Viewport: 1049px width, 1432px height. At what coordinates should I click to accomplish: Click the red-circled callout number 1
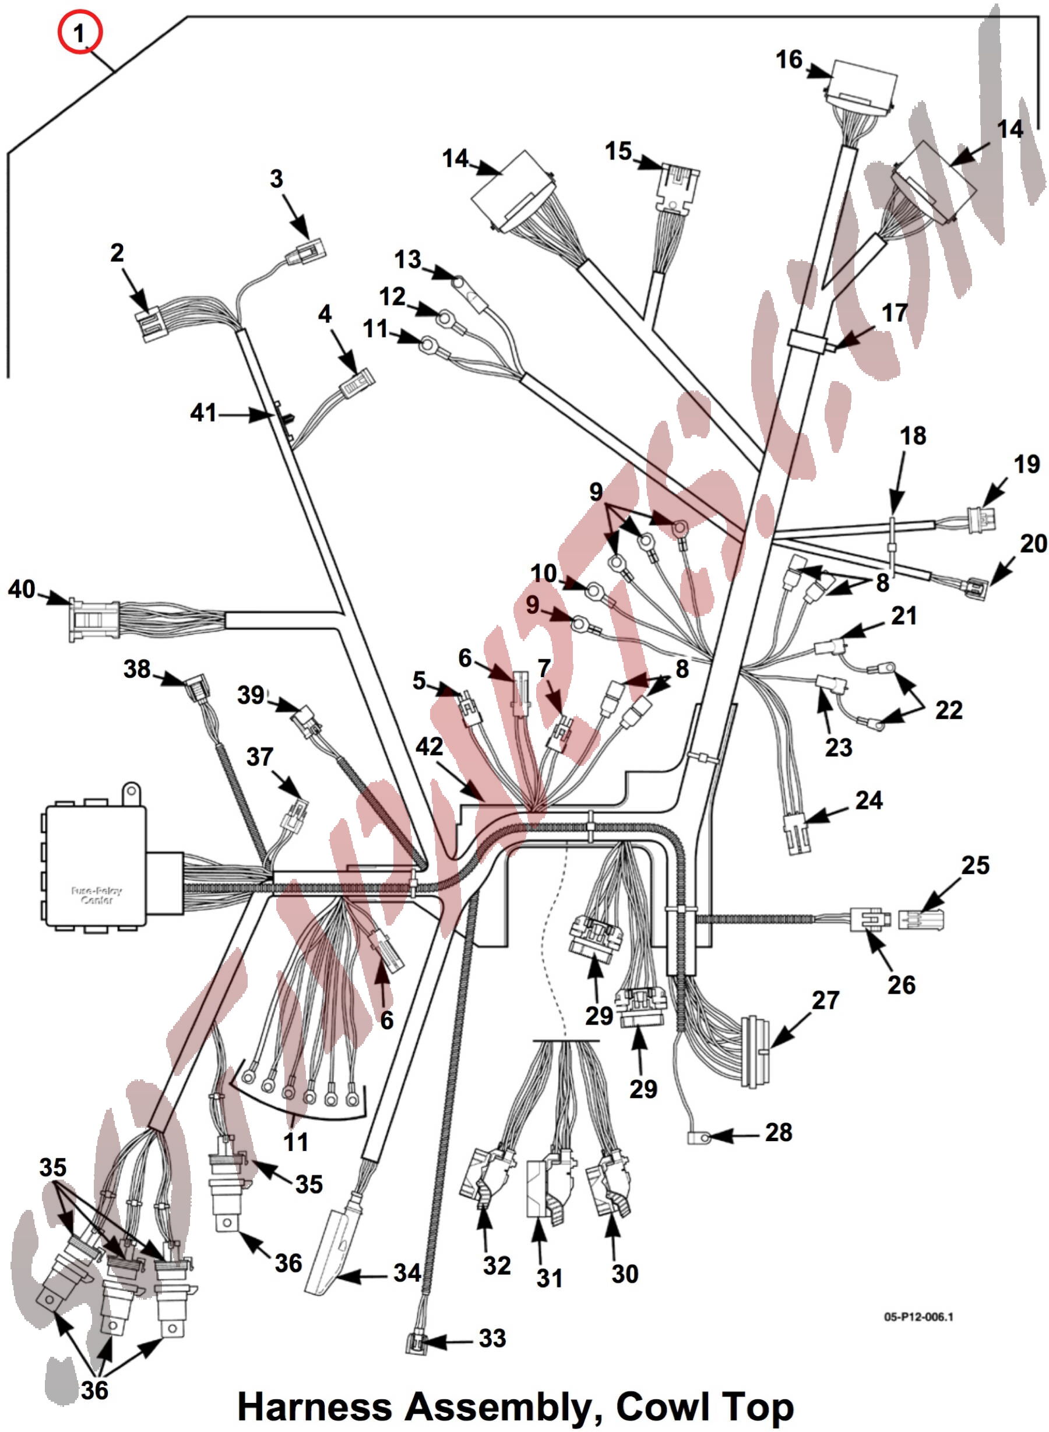tap(79, 33)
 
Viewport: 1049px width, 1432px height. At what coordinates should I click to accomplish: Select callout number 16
tap(788, 59)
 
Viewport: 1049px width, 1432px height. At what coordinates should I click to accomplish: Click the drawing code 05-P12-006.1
tap(918, 1317)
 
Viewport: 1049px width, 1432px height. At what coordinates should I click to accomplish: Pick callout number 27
tap(825, 1000)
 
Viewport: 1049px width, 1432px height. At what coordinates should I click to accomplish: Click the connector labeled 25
tap(921, 919)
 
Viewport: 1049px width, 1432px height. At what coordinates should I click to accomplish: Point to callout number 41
tap(203, 413)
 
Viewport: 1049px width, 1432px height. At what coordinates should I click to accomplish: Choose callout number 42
tap(430, 746)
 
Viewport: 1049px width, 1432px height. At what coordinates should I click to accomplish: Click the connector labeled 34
tap(330, 1248)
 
